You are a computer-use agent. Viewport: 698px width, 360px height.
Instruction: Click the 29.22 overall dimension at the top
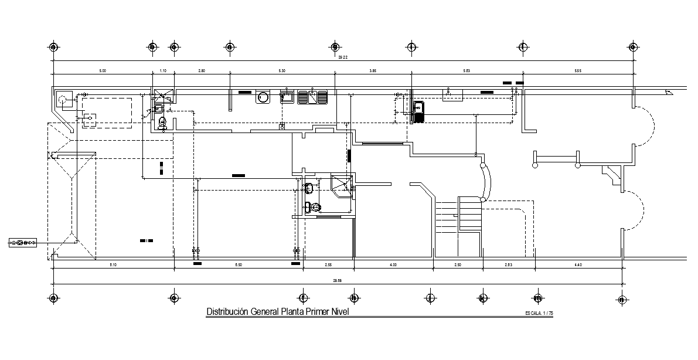pyautogui.click(x=343, y=57)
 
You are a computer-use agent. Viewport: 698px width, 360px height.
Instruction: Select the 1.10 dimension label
pyautogui.click(x=164, y=71)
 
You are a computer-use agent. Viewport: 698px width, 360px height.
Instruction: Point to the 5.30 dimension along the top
pyautogui.click(x=282, y=71)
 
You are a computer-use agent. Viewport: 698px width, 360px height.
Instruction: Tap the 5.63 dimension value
pyautogui.click(x=467, y=71)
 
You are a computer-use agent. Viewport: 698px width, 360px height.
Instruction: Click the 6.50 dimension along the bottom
pyautogui.click(x=239, y=265)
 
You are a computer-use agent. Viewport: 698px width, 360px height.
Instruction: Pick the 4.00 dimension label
pyautogui.click(x=393, y=265)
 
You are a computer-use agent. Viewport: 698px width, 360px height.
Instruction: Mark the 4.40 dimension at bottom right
pyautogui.click(x=577, y=265)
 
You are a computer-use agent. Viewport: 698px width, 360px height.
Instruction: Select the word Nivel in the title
pyautogui.click(x=338, y=312)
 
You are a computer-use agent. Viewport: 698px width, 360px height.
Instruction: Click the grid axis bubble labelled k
pyautogui.click(x=482, y=298)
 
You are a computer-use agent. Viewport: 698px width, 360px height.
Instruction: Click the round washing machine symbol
pyautogui.click(x=263, y=97)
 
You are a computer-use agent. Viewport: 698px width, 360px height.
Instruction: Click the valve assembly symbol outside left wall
pyautogui.click(x=22, y=242)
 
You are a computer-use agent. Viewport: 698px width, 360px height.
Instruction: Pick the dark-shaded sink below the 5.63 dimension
pyautogui.click(x=419, y=110)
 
